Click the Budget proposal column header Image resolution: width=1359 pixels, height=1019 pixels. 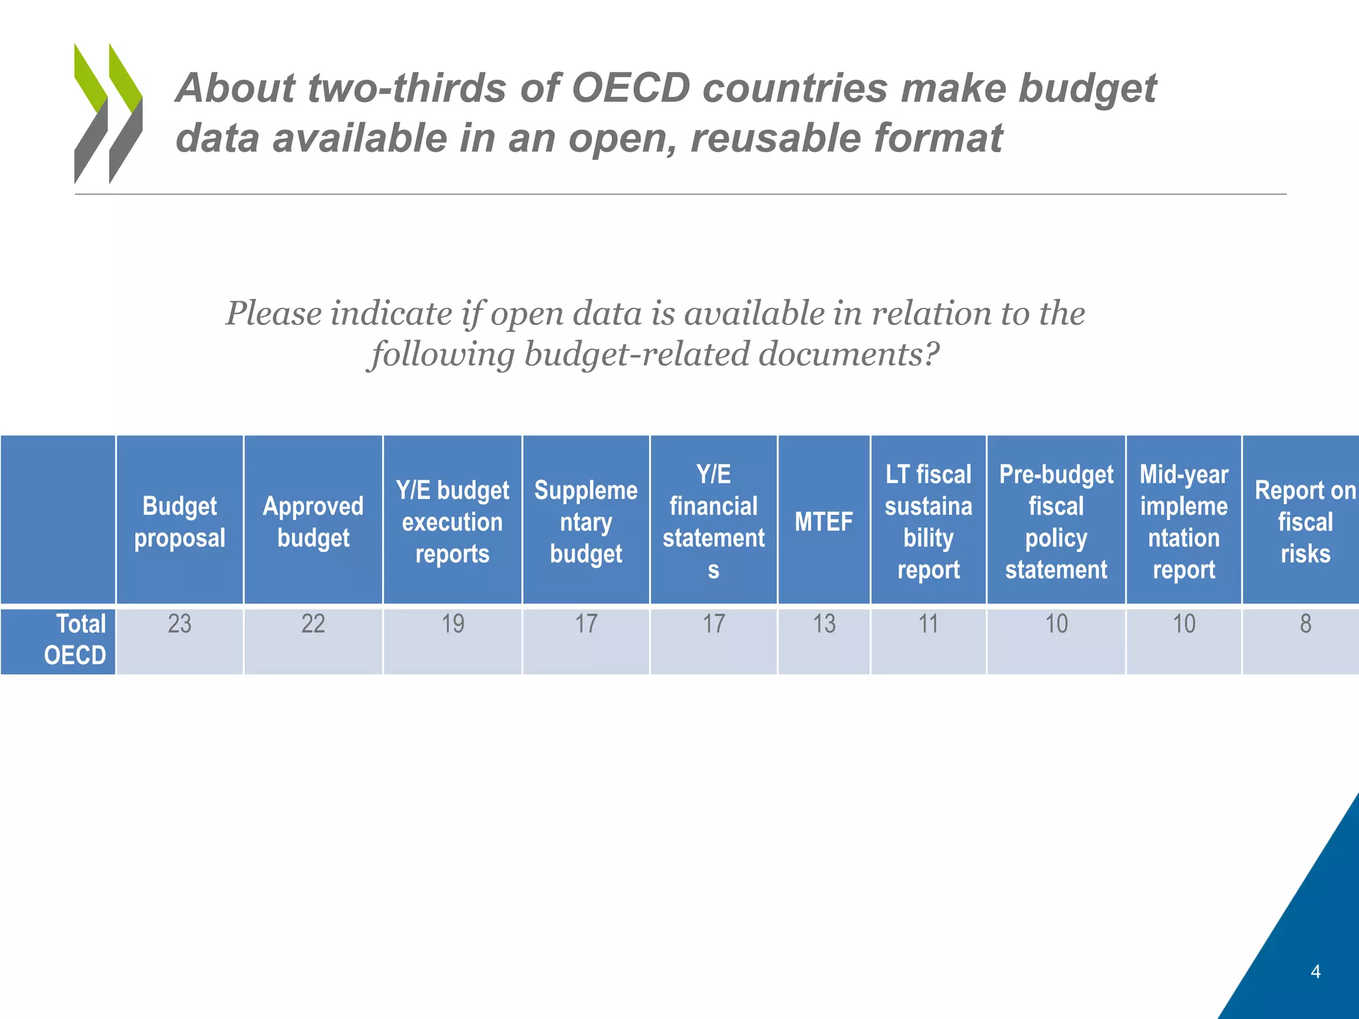pyautogui.click(x=180, y=521)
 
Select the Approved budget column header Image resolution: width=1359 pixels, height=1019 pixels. pyautogui.click(x=313, y=521)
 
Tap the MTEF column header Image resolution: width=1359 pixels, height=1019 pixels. pyautogui.click(x=823, y=521)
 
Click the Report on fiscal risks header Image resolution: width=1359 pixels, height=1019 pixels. pyautogui.click(x=1305, y=521)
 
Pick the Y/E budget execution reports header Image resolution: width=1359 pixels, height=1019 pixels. pyautogui.click(x=453, y=521)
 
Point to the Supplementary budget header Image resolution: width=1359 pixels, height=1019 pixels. pyautogui.click(x=586, y=521)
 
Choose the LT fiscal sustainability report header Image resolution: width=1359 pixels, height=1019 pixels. pyautogui.click(x=928, y=521)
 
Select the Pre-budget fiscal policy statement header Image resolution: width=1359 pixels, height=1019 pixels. pyautogui.click(x=1056, y=521)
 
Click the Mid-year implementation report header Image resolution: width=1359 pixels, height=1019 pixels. pyautogui.click(x=1184, y=521)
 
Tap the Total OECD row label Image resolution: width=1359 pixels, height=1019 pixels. pyautogui.click(x=74, y=640)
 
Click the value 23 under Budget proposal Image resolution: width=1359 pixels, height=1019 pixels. pyautogui.click(x=180, y=624)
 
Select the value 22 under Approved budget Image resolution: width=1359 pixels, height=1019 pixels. pyautogui.click(x=313, y=624)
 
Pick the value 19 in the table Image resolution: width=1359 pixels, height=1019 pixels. pyautogui.click(x=453, y=624)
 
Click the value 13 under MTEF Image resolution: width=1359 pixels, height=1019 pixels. pyautogui.click(x=823, y=624)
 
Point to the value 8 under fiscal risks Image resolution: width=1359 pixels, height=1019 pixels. pyautogui.click(x=1305, y=624)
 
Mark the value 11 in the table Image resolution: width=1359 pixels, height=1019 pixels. pyautogui.click(x=928, y=624)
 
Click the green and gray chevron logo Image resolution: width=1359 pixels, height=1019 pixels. pyautogui.click(x=108, y=113)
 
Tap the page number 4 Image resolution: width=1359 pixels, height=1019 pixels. pyautogui.click(x=1315, y=972)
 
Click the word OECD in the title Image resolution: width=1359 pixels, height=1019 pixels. pyautogui.click(x=630, y=88)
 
